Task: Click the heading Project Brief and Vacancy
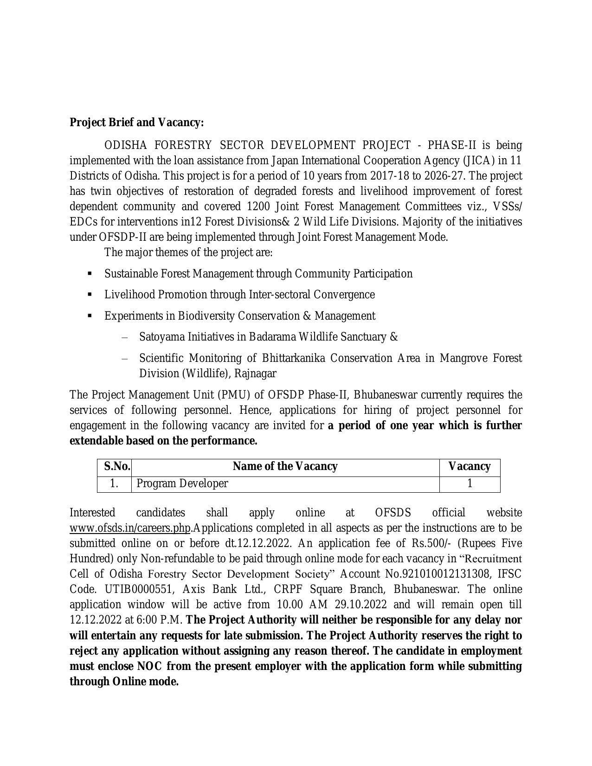136,122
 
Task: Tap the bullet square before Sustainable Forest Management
90,274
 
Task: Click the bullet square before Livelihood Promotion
90,295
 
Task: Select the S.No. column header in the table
116,466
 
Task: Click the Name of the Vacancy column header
285,466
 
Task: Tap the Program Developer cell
182,483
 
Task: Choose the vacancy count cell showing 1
470,483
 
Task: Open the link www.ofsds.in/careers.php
130,528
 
